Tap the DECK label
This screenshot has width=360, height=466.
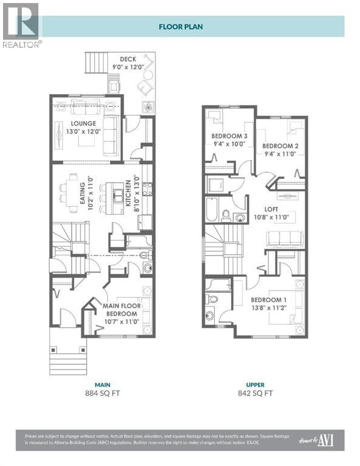127,59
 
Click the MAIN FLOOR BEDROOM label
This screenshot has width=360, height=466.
118,309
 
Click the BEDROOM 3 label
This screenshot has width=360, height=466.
229,136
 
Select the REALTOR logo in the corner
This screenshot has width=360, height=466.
21,24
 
